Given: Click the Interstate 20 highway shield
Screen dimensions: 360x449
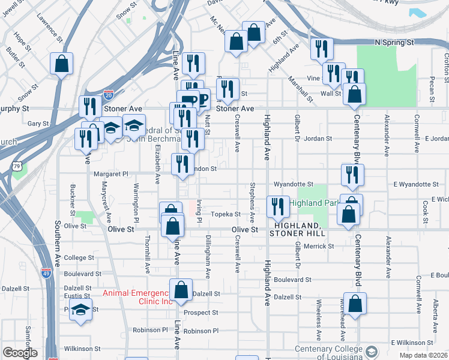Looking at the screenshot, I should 108,95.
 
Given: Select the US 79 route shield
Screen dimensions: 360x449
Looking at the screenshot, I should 17,166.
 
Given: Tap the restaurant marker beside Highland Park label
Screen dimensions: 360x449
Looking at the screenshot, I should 277,206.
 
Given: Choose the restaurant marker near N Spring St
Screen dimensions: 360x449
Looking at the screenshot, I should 322,48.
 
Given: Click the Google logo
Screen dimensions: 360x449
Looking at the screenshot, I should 20,353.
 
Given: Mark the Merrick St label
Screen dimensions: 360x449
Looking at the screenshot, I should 318,246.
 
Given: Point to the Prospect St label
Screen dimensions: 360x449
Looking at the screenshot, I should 201,313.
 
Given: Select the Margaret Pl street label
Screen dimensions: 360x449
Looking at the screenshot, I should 111,174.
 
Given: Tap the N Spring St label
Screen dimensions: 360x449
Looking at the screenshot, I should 394,43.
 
